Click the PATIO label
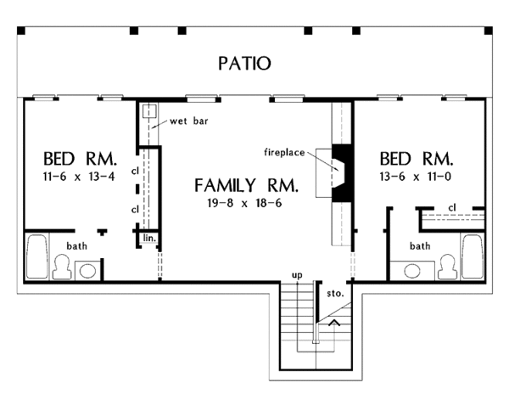coord(244,64)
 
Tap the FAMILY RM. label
coord(246,185)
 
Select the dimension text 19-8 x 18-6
coord(244,203)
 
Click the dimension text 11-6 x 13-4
coord(79,177)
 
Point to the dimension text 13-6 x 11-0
coord(416,177)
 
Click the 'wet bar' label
coord(189,121)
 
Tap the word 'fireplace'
coord(284,152)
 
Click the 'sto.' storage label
coord(335,293)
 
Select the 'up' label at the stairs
coord(297,275)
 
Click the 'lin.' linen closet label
coord(149,238)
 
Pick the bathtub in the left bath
coord(37,256)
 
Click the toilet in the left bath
coord(62,267)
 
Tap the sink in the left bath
coord(87,271)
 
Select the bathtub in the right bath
coord(473,256)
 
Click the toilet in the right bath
coord(447,267)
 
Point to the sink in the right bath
coord(412,271)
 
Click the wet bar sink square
coord(149,110)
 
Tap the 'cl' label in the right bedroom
coord(452,207)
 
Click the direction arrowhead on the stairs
coord(334,323)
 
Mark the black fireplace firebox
coord(342,173)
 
